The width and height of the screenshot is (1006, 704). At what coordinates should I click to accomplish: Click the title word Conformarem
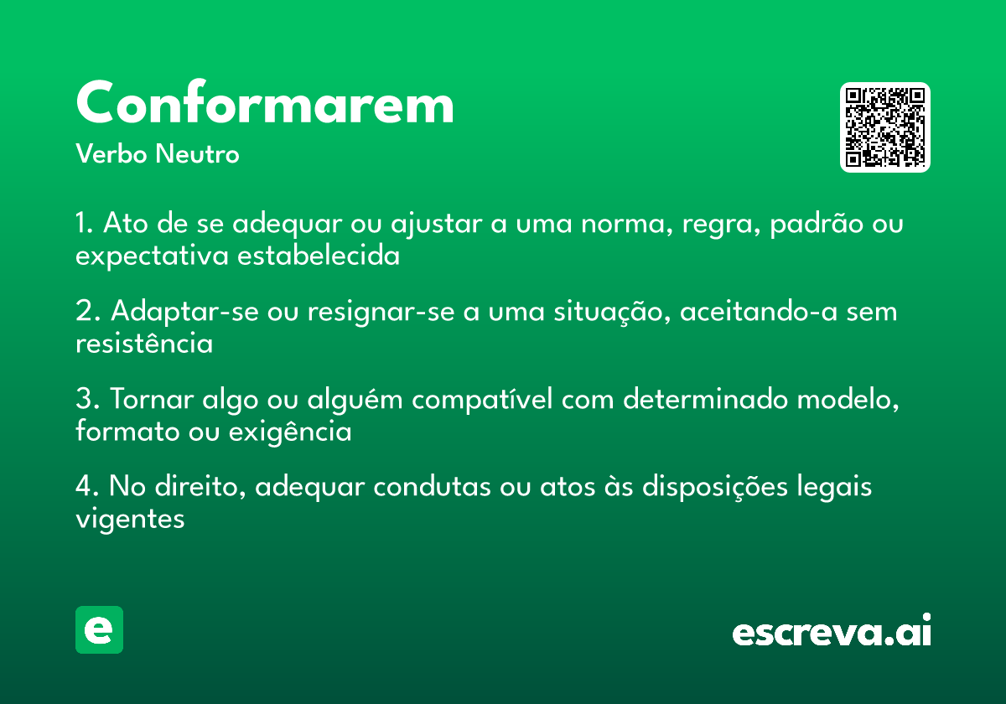[265, 105]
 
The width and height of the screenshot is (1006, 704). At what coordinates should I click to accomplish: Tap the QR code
[885, 127]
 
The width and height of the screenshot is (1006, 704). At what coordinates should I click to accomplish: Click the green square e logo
[99, 629]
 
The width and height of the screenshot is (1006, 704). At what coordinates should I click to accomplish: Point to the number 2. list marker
[87, 312]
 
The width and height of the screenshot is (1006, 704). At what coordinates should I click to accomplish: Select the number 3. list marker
[87, 400]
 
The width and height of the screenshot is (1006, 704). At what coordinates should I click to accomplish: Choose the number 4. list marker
[87, 487]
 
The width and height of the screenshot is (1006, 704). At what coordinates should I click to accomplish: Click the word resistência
[144, 344]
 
